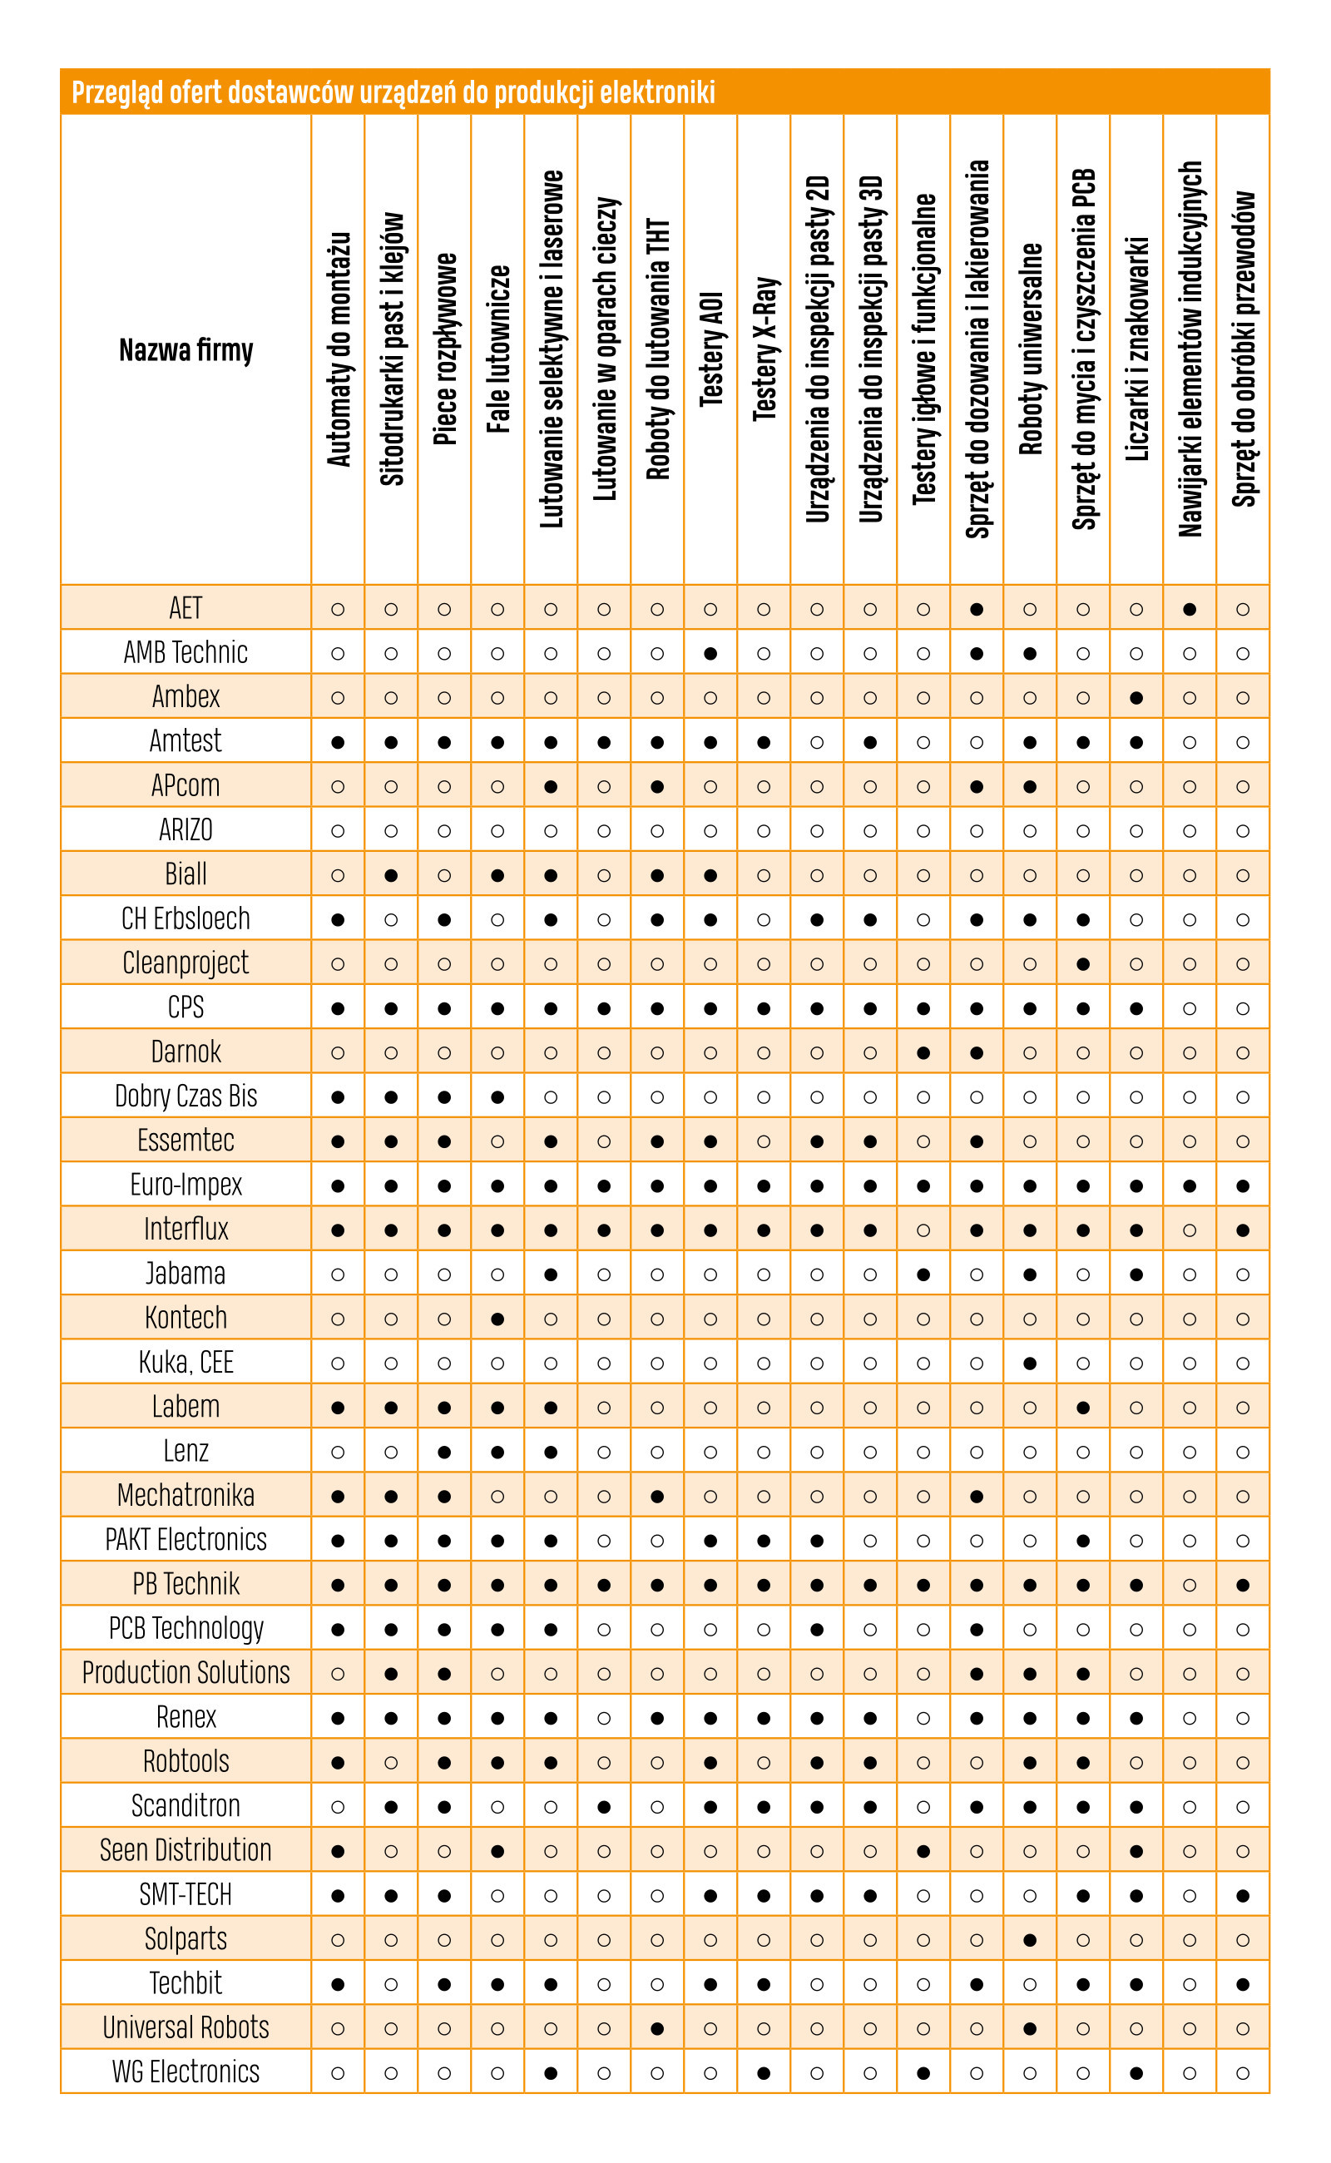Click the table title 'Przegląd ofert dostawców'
212,92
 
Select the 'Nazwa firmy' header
186,350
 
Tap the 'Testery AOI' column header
710,349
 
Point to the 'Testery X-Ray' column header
764,349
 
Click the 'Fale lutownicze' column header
498,349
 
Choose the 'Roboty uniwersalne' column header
1030,349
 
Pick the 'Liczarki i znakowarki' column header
1136,349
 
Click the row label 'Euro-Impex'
186,1185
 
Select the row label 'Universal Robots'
186,2027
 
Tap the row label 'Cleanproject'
186,963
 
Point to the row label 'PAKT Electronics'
186,1540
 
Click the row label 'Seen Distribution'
186,1849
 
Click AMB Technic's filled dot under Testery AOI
710,654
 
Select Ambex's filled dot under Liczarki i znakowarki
1136,698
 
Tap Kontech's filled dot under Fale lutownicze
497,1319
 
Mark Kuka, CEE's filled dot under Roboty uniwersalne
1030,1364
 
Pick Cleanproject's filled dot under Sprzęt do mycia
1083,964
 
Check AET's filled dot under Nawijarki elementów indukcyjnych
1190,609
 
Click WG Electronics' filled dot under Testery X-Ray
764,2073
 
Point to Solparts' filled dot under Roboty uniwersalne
1030,1940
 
